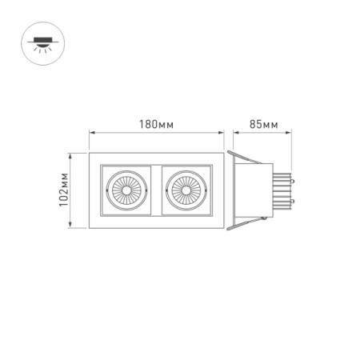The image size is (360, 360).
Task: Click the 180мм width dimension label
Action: tap(157, 124)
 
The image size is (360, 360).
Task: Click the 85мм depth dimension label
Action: tap(263, 124)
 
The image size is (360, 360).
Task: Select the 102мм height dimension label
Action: tap(65, 193)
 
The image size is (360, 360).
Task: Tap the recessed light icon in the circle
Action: tap(38, 39)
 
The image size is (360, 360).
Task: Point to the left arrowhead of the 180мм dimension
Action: tap(91, 133)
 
